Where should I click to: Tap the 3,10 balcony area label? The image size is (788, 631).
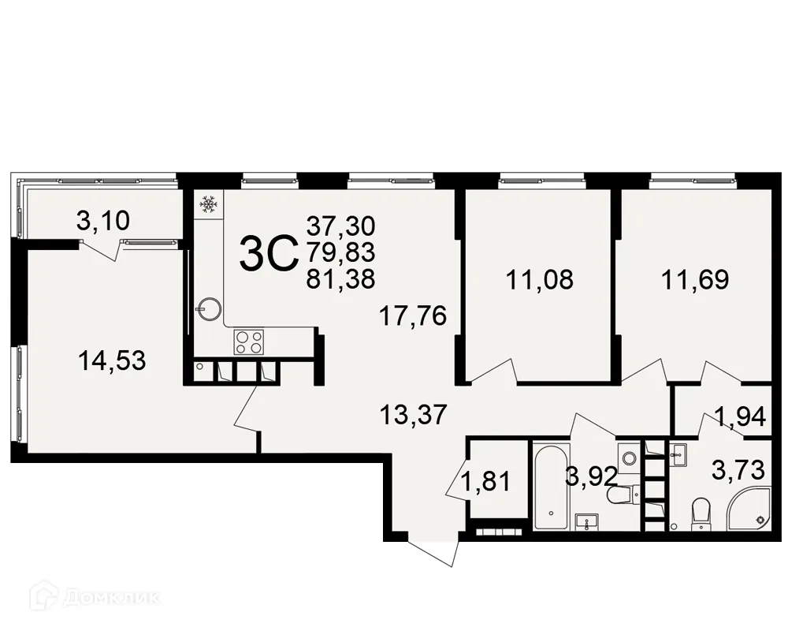click(x=102, y=222)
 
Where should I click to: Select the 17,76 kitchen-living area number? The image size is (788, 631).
click(x=412, y=315)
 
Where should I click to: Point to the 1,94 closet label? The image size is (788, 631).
click(x=740, y=416)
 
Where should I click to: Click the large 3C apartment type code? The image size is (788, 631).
click(x=267, y=254)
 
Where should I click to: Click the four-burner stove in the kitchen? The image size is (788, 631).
click(x=250, y=342)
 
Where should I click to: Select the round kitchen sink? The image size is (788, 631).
click(x=209, y=307)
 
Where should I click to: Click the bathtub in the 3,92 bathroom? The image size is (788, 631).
click(x=549, y=487)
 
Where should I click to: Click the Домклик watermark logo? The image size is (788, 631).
click(x=95, y=597)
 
